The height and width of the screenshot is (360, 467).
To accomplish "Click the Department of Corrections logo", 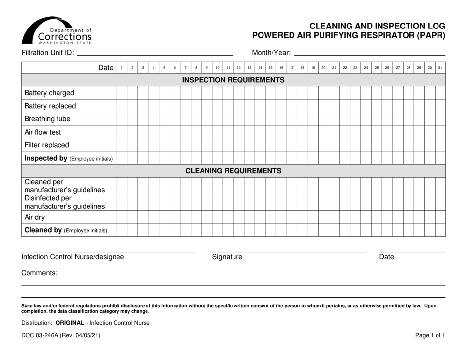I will point(57,30).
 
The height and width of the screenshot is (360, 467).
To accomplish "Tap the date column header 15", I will point(270,68).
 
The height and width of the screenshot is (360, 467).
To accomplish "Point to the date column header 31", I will point(440,68).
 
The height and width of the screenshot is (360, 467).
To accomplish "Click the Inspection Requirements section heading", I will point(233,80).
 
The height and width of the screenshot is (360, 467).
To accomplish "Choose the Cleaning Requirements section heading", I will point(233,171).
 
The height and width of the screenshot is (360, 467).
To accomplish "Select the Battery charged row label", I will point(49,92).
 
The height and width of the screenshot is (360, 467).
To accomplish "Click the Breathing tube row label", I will point(47,119).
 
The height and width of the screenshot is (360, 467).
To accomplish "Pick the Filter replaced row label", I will point(47,145).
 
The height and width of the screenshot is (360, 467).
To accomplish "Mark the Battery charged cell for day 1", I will point(121,92).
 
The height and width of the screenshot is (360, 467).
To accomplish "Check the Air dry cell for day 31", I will point(440,217).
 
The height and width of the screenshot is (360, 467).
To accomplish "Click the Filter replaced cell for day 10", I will point(217,145).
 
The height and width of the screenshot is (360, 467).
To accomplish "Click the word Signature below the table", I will point(227,257).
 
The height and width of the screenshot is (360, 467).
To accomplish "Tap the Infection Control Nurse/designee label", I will point(73,257).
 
